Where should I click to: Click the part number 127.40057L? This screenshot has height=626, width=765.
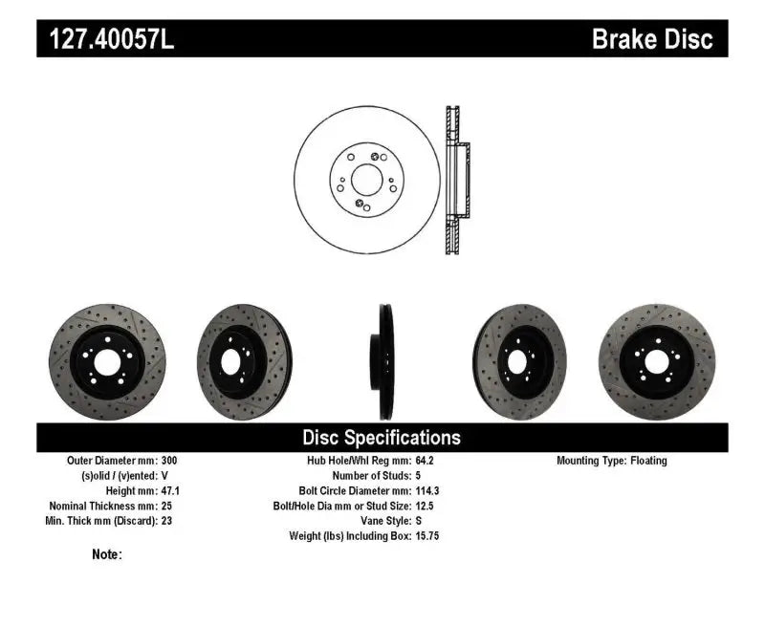pyautogui.click(x=105, y=39)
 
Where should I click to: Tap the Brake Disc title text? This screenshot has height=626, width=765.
pyautogui.click(x=652, y=39)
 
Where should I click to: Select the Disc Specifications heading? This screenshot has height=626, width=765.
pyautogui.click(x=382, y=438)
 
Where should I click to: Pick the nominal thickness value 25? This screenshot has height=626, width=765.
pyautogui.click(x=166, y=506)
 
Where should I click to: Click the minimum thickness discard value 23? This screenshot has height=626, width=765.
pyautogui.click(x=166, y=521)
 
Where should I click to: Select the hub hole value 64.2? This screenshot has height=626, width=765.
pyautogui.click(x=425, y=461)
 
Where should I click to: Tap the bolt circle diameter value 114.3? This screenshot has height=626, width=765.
pyautogui.click(x=427, y=490)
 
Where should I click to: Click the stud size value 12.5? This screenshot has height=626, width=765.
pyautogui.click(x=425, y=506)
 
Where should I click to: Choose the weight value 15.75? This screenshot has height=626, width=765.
pyautogui.click(x=427, y=536)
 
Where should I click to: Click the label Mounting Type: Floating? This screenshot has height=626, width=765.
pyautogui.click(x=612, y=461)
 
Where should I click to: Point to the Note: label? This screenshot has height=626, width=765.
pyautogui.click(x=107, y=554)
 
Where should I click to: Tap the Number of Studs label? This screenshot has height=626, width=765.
pyautogui.click(x=370, y=475)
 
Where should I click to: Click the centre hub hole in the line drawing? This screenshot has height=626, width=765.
pyautogui.click(x=364, y=179)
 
